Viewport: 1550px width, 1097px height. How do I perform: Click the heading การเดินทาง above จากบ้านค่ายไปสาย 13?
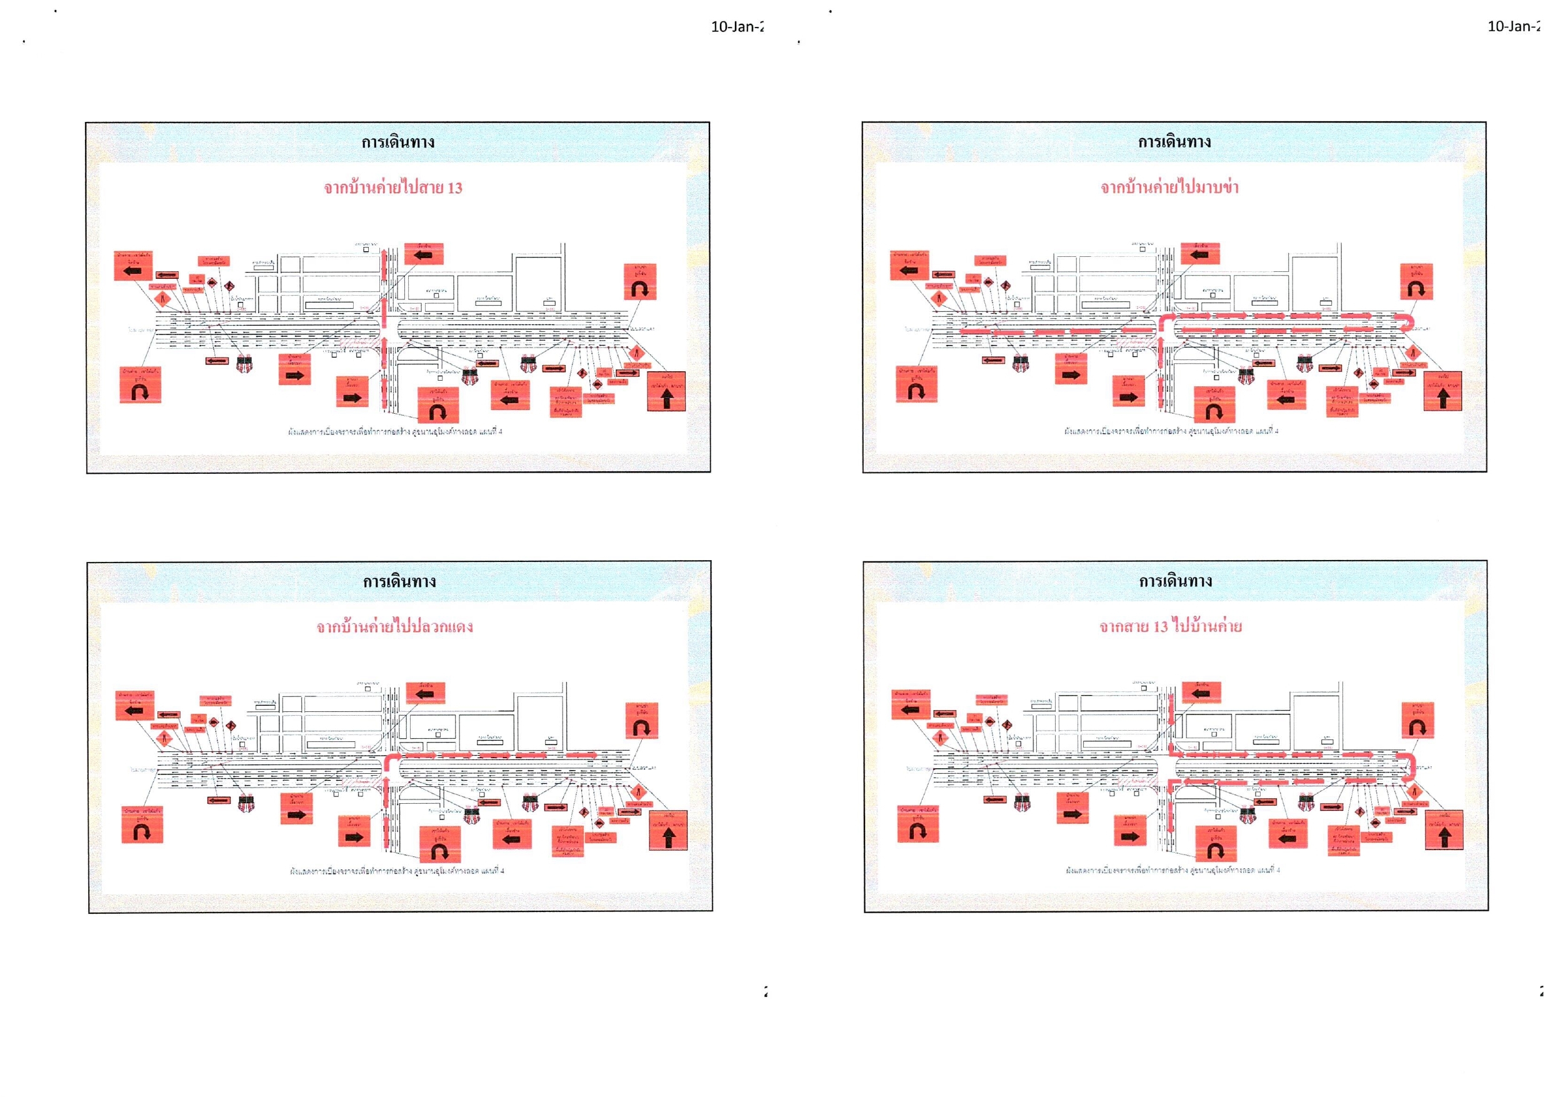(397, 143)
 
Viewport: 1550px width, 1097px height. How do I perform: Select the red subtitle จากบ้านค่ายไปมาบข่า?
(1169, 187)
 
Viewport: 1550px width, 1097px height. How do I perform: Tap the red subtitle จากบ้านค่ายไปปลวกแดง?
(394, 626)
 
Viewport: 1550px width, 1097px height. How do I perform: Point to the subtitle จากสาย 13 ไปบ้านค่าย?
(1170, 626)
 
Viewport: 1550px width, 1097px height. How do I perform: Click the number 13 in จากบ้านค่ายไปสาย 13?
(454, 188)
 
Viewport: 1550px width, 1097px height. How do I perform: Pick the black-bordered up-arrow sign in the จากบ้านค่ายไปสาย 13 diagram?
(667, 392)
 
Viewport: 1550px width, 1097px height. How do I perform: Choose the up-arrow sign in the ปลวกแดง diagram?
(669, 831)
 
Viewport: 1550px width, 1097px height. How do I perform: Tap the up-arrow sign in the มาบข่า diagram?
(1442, 392)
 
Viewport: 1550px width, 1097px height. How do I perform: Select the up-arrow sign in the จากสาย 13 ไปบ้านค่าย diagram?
(1444, 831)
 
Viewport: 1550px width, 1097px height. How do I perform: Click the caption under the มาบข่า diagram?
(1171, 431)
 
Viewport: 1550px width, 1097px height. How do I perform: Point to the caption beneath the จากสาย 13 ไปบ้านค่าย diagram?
(1172, 870)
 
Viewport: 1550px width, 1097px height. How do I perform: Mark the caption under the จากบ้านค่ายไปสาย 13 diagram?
(395, 431)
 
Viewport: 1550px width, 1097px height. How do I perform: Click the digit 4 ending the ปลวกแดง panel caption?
(502, 871)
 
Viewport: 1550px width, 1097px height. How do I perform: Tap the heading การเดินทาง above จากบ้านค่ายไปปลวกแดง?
(399, 581)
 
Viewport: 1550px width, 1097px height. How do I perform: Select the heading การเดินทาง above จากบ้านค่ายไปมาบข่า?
(1174, 143)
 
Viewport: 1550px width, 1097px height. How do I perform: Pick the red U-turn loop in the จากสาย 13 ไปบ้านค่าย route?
(1407, 763)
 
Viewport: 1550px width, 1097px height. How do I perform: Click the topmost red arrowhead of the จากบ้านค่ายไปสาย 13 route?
(384, 253)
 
